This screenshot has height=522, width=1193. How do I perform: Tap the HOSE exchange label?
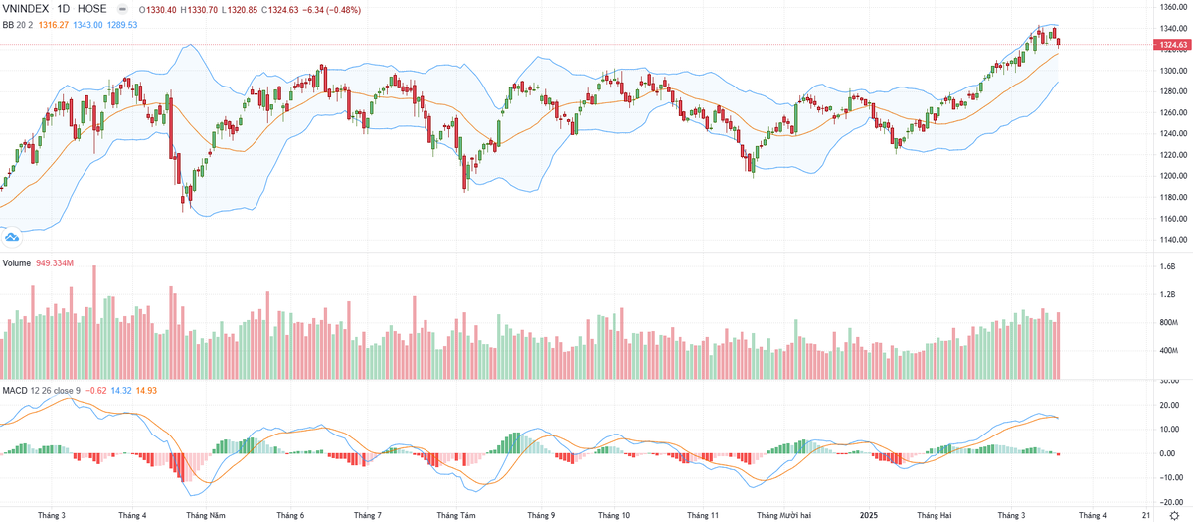[x=91, y=10]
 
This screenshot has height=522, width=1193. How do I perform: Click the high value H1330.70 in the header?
[x=198, y=10]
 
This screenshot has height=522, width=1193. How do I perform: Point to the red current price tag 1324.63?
[x=1171, y=45]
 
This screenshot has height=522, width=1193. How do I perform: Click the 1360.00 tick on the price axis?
[x=1170, y=7]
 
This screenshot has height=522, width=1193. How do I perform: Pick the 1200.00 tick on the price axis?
[x=1170, y=176]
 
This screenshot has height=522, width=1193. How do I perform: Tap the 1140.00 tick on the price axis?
[x=1170, y=240]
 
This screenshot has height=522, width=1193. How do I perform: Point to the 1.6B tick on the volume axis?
[x=1166, y=267]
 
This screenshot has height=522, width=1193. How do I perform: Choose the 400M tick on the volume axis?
[x=1167, y=351]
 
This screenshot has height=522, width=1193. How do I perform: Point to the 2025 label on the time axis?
[x=869, y=515]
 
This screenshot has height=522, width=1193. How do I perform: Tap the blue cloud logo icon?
[x=13, y=236]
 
